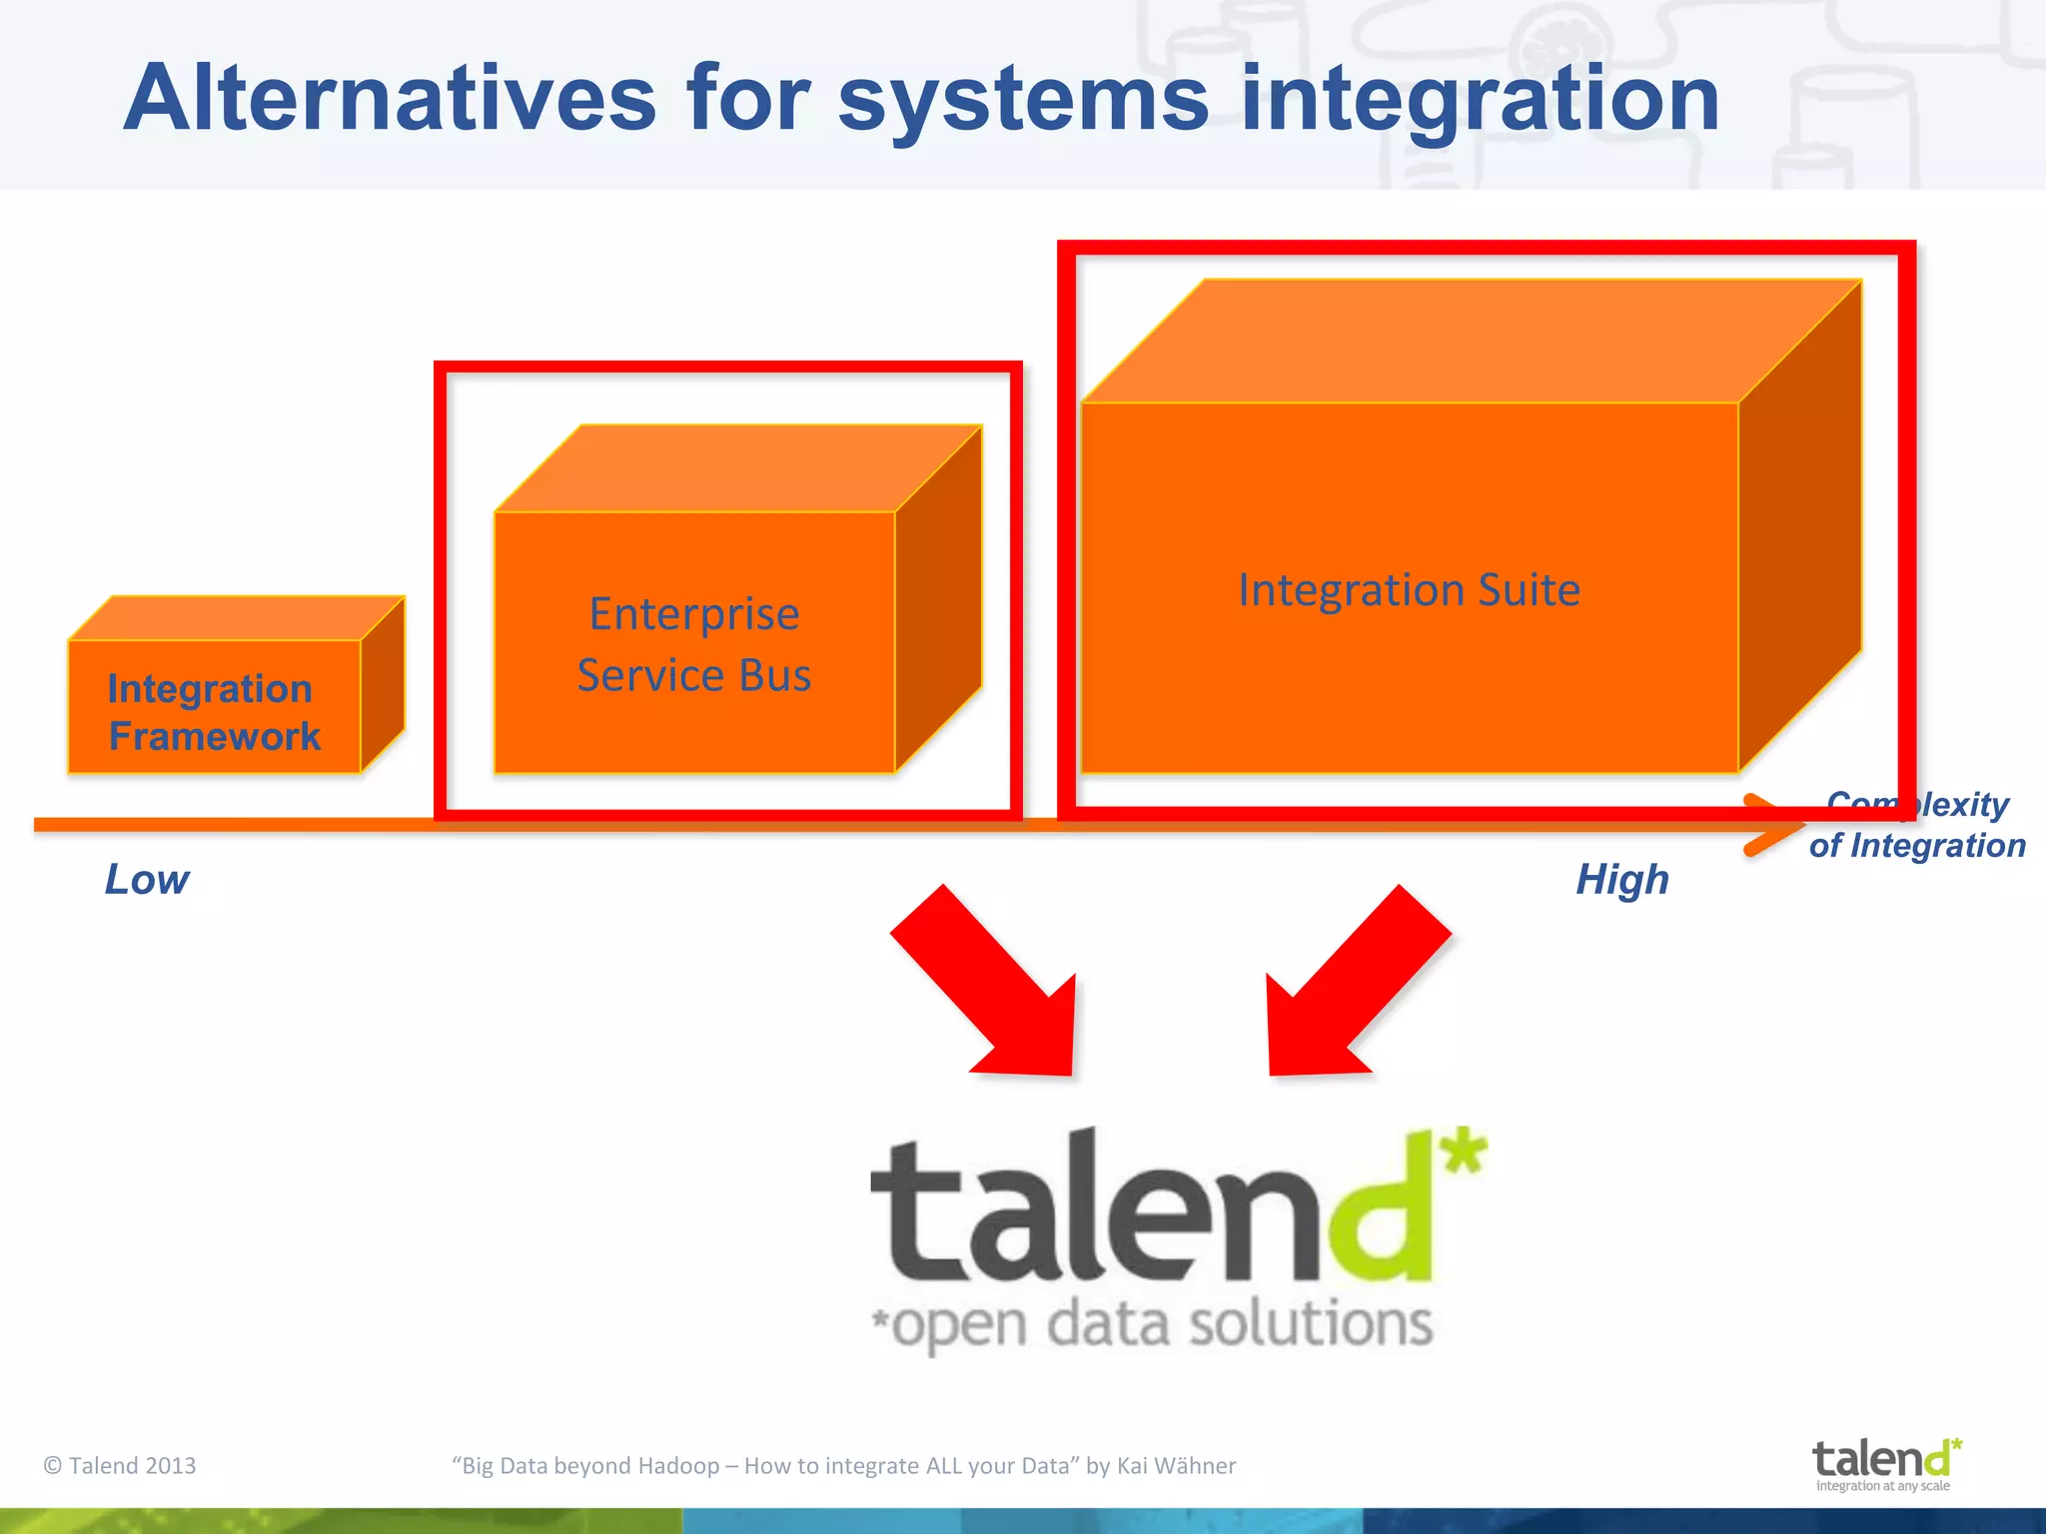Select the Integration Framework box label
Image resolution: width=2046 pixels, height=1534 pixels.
pyautogui.click(x=213, y=712)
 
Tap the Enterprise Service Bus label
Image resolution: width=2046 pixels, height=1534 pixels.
pyautogui.click(x=694, y=644)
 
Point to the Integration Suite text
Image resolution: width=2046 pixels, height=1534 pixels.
pyautogui.click(x=1409, y=589)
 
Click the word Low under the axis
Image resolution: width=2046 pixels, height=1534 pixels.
pyautogui.click(x=147, y=880)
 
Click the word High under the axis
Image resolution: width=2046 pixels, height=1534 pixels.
pyautogui.click(x=1622, y=880)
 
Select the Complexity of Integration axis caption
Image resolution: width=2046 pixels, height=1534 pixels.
pyautogui.click(x=1916, y=826)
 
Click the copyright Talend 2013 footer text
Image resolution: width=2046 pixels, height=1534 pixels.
pyautogui.click(x=120, y=1465)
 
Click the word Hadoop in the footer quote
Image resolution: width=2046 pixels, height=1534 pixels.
pyautogui.click(x=678, y=1465)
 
